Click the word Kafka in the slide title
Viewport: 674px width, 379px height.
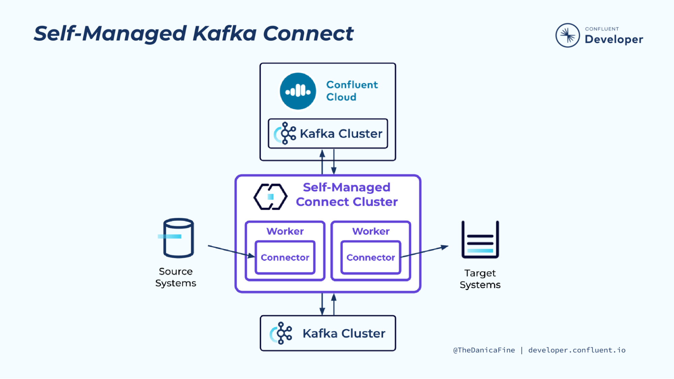coord(225,34)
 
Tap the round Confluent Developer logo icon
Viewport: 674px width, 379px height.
coord(567,35)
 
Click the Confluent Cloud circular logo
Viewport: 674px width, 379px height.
coord(298,91)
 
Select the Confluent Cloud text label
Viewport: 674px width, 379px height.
coord(352,91)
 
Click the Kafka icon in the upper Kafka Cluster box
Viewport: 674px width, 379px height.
coord(285,133)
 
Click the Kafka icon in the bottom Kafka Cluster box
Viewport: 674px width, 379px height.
coord(281,333)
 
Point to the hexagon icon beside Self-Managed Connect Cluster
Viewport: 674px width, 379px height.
coord(270,197)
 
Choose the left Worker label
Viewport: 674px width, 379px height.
coord(285,231)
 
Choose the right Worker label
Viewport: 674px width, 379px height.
coord(371,231)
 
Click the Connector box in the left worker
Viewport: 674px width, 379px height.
coord(285,257)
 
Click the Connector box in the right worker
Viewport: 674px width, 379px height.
coord(371,257)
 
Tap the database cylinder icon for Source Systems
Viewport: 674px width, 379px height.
coord(178,238)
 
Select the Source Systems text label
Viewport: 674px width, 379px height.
coord(176,277)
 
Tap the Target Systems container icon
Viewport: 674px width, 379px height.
coord(480,240)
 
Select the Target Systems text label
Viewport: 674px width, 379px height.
coord(480,279)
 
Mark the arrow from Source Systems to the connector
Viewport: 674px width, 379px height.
coord(231,251)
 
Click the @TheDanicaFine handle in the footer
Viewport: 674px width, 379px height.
coord(484,350)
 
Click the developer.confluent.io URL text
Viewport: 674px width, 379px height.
coord(577,350)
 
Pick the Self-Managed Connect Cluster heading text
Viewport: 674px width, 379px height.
coord(347,195)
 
